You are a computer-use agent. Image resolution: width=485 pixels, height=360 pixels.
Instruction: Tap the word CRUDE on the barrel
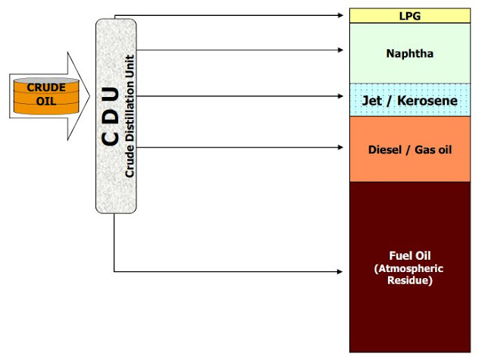tap(47, 87)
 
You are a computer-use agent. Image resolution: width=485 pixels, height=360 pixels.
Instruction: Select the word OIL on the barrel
tap(47, 100)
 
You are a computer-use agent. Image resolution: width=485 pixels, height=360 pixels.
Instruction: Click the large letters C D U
tap(110, 116)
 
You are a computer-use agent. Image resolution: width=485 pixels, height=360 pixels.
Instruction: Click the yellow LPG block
tap(409, 15)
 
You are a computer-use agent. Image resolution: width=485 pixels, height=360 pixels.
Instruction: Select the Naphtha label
tap(409, 55)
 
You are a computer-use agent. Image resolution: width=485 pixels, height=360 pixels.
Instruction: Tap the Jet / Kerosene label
tap(409, 99)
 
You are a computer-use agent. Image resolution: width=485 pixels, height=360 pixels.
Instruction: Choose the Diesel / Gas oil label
tap(409, 149)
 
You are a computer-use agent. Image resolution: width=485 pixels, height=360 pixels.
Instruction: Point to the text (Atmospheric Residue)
tap(409, 274)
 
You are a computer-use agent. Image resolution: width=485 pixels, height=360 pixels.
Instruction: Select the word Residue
tap(409, 280)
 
